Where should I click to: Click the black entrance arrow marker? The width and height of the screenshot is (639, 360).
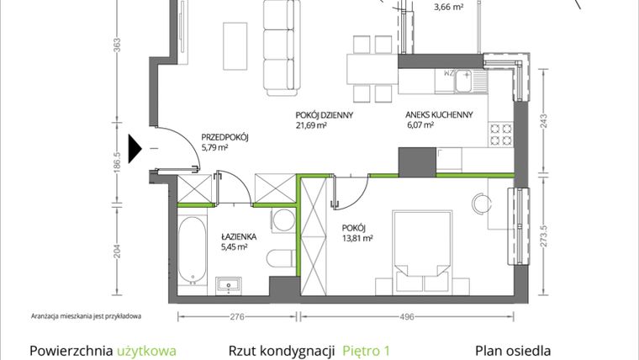pos(135,149)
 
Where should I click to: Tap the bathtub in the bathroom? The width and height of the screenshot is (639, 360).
pos(192,250)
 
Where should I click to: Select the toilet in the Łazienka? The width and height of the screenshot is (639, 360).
pos(281,258)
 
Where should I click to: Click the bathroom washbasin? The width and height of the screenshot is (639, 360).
pos(229,285)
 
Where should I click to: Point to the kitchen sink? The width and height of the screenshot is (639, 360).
pos(463,81)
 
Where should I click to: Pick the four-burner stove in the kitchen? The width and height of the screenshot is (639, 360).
pos(501,135)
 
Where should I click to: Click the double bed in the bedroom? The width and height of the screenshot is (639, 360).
pos(422,252)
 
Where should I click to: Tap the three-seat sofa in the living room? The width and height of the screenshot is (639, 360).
pos(279,47)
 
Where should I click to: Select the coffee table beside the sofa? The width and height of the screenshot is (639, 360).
pos(235,46)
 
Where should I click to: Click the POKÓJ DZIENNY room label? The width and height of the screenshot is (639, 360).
pos(325,115)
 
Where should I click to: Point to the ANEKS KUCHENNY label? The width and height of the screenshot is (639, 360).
pos(439,115)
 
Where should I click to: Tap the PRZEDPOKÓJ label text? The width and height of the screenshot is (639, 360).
pos(225,137)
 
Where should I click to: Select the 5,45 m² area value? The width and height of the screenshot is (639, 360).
pos(235,246)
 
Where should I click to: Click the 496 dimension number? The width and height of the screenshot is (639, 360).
pos(407,317)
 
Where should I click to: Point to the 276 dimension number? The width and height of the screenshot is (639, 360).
pos(237,317)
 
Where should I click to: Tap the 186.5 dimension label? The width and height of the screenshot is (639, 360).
pos(117,162)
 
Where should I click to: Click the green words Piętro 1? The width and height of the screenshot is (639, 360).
pos(366,351)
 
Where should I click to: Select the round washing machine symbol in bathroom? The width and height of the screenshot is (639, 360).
pos(283,220)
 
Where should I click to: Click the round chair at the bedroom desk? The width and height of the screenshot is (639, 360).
pos(482,203)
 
